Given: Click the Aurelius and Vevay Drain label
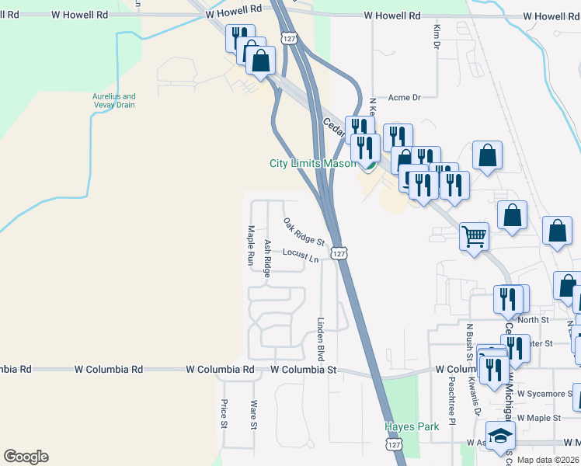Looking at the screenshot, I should (114, 101).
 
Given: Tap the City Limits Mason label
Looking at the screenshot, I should (312, 164).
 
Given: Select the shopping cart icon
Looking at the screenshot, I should (474, 235).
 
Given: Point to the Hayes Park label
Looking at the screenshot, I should (412, 426).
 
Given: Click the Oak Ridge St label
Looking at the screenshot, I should (304, 231).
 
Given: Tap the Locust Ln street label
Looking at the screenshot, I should (301, 254).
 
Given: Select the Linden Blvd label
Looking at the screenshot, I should (319, 339).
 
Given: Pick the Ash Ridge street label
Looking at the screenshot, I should (267, 258).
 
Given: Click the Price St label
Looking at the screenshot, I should (224, 414).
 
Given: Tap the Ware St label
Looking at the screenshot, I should (253, 414).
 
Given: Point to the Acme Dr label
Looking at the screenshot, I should (404, 98).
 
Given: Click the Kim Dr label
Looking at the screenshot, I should (436, 35).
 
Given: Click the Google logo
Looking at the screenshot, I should (26, 457).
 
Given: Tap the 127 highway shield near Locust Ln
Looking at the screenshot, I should (339, 253).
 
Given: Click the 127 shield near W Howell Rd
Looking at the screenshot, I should (289, 37).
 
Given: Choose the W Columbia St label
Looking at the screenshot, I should (304, 370).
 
